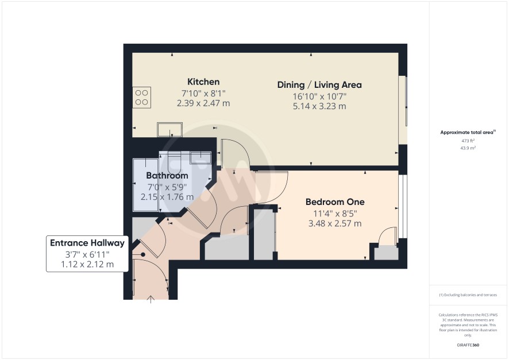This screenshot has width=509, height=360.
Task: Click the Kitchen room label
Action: tap(203, 82)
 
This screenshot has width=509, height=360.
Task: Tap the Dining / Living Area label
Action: tap(319, 85)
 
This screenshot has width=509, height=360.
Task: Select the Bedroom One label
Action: tap(335, 202)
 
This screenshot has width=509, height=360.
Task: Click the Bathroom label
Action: tap(167, 176)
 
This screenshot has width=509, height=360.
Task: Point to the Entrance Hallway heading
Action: tap(87, 243)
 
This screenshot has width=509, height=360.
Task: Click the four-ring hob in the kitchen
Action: tap(141, 97)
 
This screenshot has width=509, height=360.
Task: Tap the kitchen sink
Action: tap(170, 129)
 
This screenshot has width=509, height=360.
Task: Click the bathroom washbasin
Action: tap(200, 157)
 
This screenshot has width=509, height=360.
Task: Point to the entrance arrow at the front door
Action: tap(151, 299)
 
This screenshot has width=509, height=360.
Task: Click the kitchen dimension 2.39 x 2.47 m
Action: tap(203, 103)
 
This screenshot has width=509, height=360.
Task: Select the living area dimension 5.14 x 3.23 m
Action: tap(319, 106)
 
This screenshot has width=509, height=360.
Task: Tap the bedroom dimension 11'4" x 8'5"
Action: tap(335, 214)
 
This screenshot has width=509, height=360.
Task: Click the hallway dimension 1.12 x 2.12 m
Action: tap(87, 264)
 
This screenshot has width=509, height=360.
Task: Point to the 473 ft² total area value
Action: tap(468, 141)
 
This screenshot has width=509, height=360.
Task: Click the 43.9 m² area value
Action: tap(468, 148)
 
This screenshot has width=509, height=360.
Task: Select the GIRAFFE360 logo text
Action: tap(468, 345)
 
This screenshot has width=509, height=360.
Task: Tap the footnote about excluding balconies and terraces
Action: tap(468, 295)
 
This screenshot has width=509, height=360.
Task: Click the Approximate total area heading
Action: tap(468, 132)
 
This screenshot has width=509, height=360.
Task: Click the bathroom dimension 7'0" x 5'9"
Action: tap(167, 187)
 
